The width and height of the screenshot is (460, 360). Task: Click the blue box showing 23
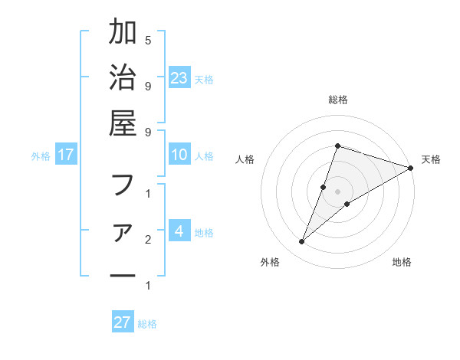pos(179,77)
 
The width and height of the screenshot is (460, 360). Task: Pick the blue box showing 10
pos(179,155)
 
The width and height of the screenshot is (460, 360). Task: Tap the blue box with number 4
pos(179,231)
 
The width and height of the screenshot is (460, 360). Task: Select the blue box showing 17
pos(66,155)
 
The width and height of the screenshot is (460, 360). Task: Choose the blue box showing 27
pos(123,322)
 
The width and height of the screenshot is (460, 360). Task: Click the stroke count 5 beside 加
pos(148,41)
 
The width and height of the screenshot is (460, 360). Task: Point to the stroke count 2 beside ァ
pos(148,240)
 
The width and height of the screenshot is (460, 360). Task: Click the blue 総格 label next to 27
pos(147,324)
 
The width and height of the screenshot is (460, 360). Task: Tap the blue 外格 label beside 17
pos(41,156)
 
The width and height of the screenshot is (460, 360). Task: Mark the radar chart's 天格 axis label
pos(431,159)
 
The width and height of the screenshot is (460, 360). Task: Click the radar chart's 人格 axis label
pos(245,159)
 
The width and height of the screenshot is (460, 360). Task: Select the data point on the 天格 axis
pos(411,168)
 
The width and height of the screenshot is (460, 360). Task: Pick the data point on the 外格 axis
pos(302,242)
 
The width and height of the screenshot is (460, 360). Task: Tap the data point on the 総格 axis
pos(337,146)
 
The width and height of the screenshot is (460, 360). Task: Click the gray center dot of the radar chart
pos(337,191)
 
